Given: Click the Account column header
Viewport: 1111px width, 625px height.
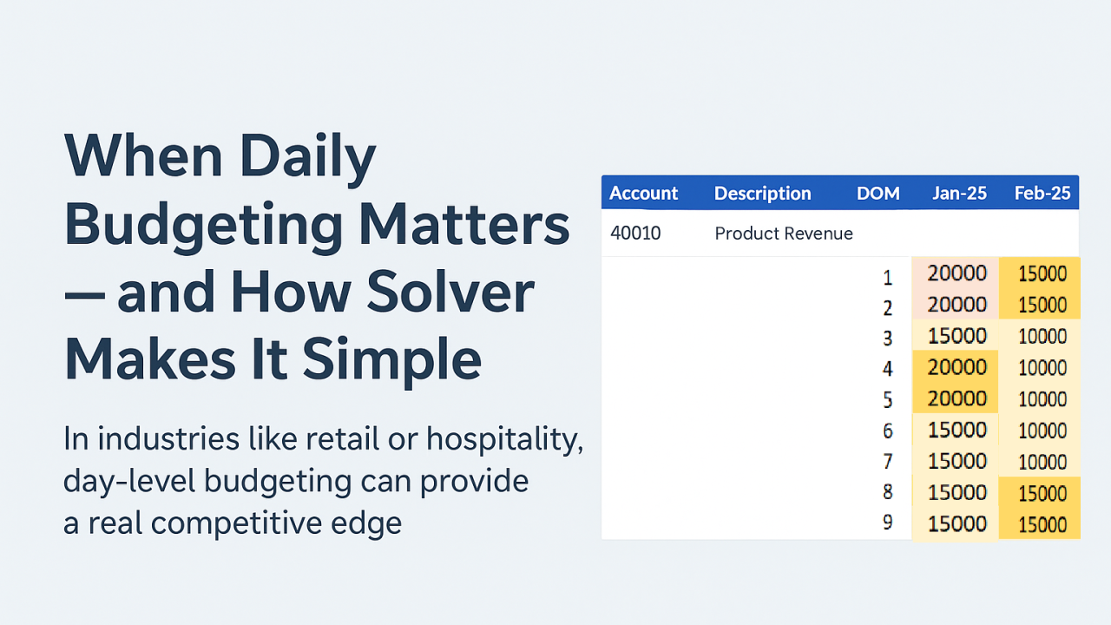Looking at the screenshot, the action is click(x=643, y=193).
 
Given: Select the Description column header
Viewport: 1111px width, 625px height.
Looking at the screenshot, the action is click(x=762, y=193).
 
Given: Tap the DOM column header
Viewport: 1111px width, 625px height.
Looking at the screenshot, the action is click(x=878, y=193).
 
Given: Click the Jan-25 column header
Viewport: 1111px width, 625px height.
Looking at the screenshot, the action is click(x=959, y=193).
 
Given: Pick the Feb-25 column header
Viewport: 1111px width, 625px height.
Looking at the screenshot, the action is click(x=1042, y=193).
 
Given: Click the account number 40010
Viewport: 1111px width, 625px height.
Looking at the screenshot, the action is click(x=635, y=234).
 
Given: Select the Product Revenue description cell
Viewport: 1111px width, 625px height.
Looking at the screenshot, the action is click(x=784, y=234).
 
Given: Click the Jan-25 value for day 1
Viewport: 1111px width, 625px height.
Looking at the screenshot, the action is click(x=957, y=273).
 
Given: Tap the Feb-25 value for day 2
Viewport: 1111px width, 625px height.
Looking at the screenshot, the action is click(x=1042, y=305).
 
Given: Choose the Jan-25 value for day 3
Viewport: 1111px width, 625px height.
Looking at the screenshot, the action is click(x=957, y=336).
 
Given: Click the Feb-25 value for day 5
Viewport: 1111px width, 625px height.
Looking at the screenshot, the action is click(x=1042, y=399).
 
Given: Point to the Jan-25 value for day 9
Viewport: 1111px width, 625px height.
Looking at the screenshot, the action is click(x=957, y=524).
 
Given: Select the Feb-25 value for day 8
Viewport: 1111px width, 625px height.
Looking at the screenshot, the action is click(x=1042, y=494).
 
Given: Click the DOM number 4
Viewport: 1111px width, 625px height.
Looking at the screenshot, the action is click(x=888, y=369).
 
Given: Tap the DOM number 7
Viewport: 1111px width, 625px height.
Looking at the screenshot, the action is click(x=888, y=462).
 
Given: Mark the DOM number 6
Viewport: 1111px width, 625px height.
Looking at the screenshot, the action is click(x=888, y=431).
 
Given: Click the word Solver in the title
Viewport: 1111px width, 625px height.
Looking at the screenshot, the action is click(x=450, y=293).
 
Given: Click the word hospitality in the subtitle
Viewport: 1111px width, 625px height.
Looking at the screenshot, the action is click(x=505, y=439).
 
